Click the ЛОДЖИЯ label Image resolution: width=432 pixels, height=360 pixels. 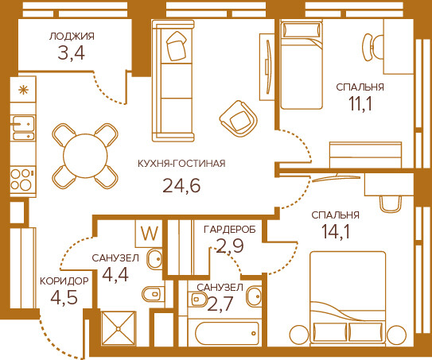point(72,37)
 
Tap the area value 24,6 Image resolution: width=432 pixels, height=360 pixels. point(181,185)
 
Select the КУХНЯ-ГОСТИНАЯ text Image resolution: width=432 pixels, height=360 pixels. point(181,164)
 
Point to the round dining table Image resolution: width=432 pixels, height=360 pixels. point(85,156)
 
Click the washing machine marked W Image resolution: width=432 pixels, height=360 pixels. point(150,234)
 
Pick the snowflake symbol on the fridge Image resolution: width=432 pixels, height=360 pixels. point(23,90)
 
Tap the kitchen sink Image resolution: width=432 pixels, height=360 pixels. point(23,128)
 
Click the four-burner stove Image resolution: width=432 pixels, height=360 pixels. point(23,180)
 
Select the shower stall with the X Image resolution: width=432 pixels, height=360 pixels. point(119,328)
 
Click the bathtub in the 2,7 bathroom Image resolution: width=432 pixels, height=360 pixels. point(227,333)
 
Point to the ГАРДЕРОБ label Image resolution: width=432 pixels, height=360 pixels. point(229,229)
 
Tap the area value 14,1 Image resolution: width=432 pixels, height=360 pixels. point(336,231)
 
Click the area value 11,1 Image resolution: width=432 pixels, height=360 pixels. point(360,103)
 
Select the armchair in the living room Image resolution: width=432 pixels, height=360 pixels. point(239,118)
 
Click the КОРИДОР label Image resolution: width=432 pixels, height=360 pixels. point(64,281)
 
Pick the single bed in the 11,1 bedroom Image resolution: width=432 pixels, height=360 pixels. point(302,65)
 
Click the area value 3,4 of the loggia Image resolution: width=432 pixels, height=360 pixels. point(71,53)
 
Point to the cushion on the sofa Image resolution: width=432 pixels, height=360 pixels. point(177,46)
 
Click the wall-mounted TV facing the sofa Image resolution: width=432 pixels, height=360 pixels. point(268,67)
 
